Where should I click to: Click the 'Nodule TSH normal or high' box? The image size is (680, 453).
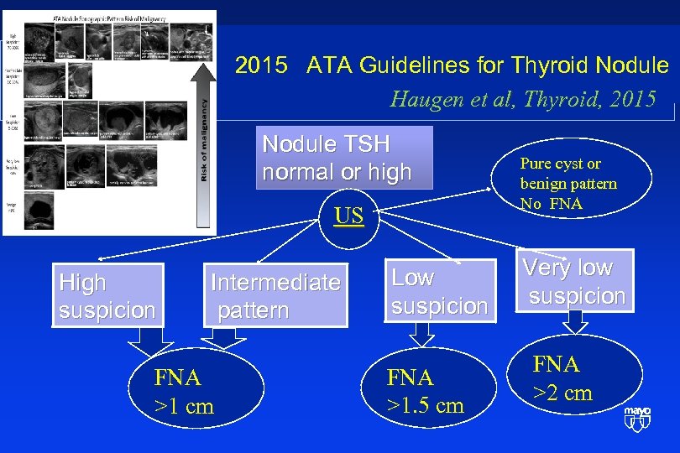click(x=344, y=158)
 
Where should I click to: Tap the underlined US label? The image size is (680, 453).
click(x=348, y=216)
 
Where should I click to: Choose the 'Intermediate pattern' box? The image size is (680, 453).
click(x=275, y=296)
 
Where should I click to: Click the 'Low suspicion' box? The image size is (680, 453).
click(x=439, y=291)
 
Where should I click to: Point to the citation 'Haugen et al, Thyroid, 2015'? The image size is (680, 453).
click(x=523, y=99)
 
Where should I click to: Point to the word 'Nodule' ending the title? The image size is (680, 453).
click(x=634, y=65)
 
